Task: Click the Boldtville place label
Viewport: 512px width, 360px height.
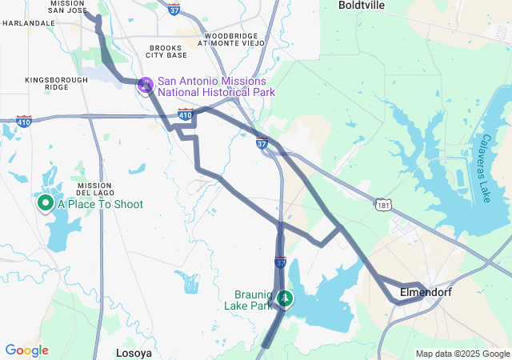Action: tap(362, 5)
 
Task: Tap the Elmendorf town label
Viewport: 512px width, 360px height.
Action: tap(426, 293)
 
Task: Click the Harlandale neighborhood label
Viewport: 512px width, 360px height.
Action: tap(29, 23)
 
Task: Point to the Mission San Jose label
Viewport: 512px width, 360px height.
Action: tap(68, 8)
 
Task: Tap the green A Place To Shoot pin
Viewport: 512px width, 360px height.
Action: tap(45, 203)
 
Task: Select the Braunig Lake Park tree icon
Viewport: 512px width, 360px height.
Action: tap(285, 299)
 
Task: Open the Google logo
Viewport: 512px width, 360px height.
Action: tap(26, 350)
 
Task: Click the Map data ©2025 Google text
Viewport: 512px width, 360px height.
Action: tap(462, 354)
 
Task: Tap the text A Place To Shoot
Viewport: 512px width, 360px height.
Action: tap(100, 205)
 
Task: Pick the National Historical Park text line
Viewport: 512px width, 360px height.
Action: tap(216, 92)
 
